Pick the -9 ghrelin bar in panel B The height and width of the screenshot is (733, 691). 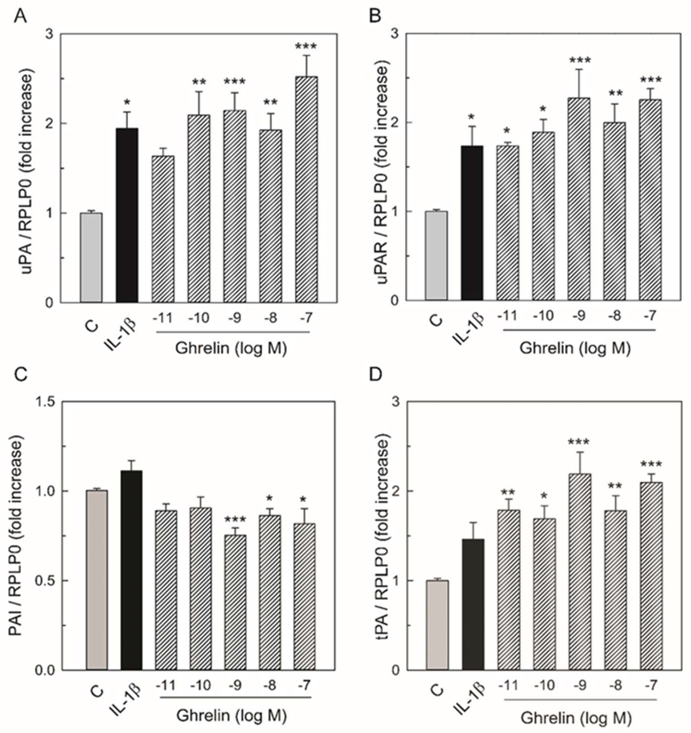[x=579, y=199]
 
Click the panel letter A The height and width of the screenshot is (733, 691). [x=20, y=17]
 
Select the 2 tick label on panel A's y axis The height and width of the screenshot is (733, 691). [x=49, y=123]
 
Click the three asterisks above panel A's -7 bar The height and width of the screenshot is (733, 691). [x=306, y=47]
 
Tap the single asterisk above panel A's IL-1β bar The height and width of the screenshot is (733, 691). [x=127, y=102]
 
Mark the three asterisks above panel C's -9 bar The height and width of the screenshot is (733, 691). [x=235, y=520]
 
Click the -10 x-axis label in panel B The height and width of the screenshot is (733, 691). [x=543, y=316]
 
